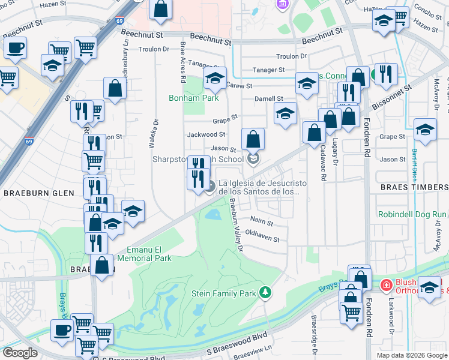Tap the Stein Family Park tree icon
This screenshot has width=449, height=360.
(265, 292)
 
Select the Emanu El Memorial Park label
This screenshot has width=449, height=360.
(149, 254)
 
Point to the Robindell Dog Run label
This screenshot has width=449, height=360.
(413, 214)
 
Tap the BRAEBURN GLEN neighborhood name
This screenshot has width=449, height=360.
(38, 193)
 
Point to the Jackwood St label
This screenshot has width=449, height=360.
(206, 135)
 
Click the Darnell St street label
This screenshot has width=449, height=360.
(268, 98)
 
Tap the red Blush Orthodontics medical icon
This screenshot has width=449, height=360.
(385, 283)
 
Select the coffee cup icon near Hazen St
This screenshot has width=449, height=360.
(15, 47)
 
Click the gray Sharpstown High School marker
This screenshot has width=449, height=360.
(253, 158)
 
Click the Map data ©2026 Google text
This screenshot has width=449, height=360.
(411, 355)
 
